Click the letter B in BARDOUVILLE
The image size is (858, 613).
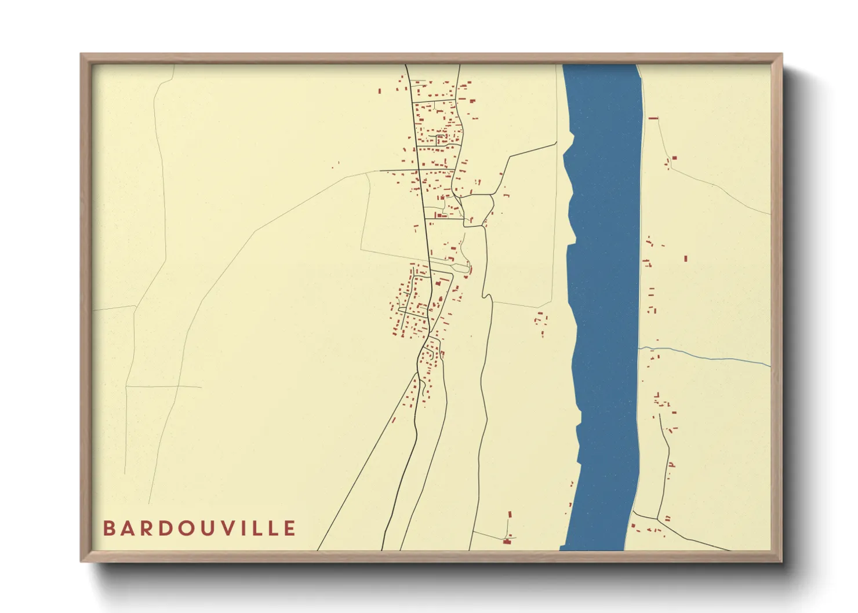tap(108, 528)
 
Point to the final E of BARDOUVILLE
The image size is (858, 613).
tap(290, 528)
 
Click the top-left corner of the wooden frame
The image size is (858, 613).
tap(82, 55)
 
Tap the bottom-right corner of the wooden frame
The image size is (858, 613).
tap(781, 560)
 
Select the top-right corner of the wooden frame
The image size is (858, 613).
tap(781, 55)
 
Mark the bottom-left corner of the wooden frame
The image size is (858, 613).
tap(82, 560)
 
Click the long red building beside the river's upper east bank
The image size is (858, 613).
tap(653, 118)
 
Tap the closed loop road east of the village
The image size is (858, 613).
tap(477, 210)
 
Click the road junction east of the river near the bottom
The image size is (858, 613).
tap(658, 519)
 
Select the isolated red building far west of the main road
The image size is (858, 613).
tap(332, 168)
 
